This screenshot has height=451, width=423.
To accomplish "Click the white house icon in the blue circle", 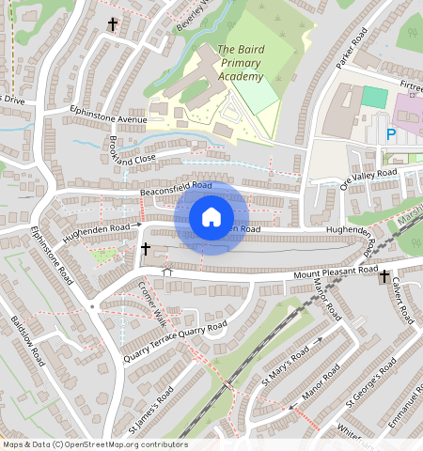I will pos(211,217).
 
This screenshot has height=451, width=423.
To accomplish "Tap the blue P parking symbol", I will pos(390,134).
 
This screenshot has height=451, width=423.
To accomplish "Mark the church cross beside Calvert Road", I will pos(384,276).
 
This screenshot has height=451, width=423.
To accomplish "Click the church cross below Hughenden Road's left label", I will pos(146,249).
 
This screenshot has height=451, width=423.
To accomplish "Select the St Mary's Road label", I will pos(286,365).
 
